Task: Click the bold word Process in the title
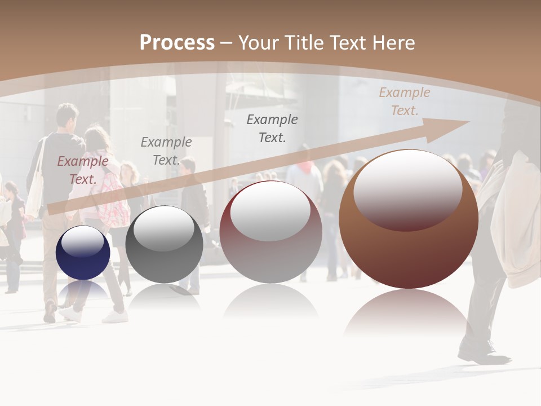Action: click(177, 43)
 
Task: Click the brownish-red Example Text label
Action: click(82, 170)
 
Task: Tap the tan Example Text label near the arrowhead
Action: click(404, 101)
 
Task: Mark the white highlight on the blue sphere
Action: click(82, 241)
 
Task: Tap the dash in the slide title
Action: click(226, 43)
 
